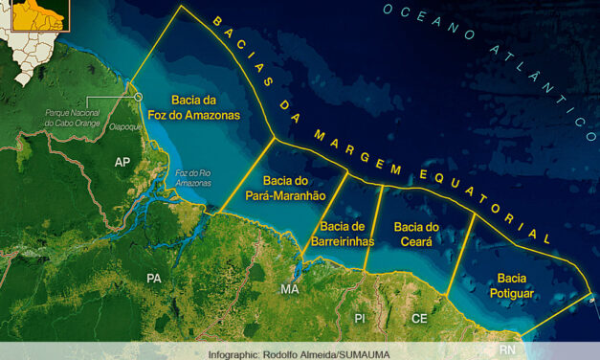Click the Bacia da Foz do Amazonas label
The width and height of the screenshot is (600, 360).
pyautogui.click(x=206, y=106)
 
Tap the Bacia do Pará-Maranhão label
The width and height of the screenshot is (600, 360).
pyautogui.click(x=294, y=188)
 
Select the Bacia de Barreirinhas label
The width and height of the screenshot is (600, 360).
pyautogui.click(x=342, y=234)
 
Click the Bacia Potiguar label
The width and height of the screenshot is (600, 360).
pyautogui.click(x=509, y=285)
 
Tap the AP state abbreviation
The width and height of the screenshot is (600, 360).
pyautogui.click(x=122, y=162)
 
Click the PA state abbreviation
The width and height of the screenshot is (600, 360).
pyautogui.click(x=153, y=278)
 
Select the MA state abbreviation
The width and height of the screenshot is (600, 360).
pyautogui.click(x=289, y=288)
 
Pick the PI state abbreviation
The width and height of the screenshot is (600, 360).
pyautogui.click(x=360, y=317)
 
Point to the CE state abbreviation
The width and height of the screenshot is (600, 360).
pyautogui.click(x=419, y=317)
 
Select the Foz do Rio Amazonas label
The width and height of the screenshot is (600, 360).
pyautogui.click(x=193, y=177)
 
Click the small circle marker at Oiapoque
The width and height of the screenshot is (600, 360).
pyautogui.click(x=138, y=97)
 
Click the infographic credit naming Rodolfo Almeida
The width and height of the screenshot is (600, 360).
pyautogui.click(x=300, y=353)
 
